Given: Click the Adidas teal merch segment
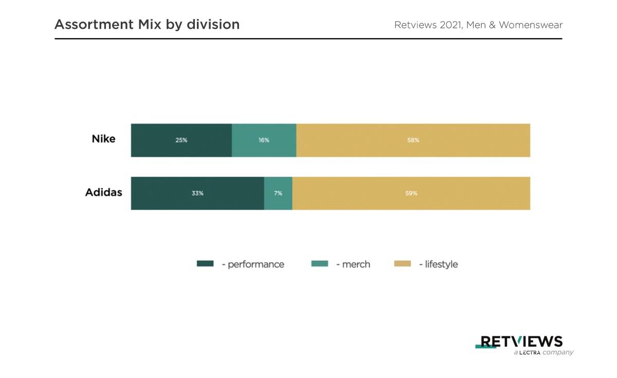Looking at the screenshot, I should tap(278, 202).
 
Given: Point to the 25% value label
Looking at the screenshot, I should tap(181, 140).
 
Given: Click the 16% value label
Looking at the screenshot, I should tap(264, 140).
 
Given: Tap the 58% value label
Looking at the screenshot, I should tap(413, 140).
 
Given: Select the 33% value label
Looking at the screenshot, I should tap(197, 193).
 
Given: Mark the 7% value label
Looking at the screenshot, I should tap(278, 193).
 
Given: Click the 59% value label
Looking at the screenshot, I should tap(411, 193).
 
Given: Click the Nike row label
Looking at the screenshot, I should tap(103, 139).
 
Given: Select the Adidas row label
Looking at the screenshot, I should tap(103, 192).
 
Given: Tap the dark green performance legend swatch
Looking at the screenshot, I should tap(205, 264).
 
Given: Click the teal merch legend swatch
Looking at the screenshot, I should tap(319, 264).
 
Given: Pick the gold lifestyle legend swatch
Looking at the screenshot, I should tap(403, 264).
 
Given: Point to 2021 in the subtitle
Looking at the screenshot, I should tap(450, 25).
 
